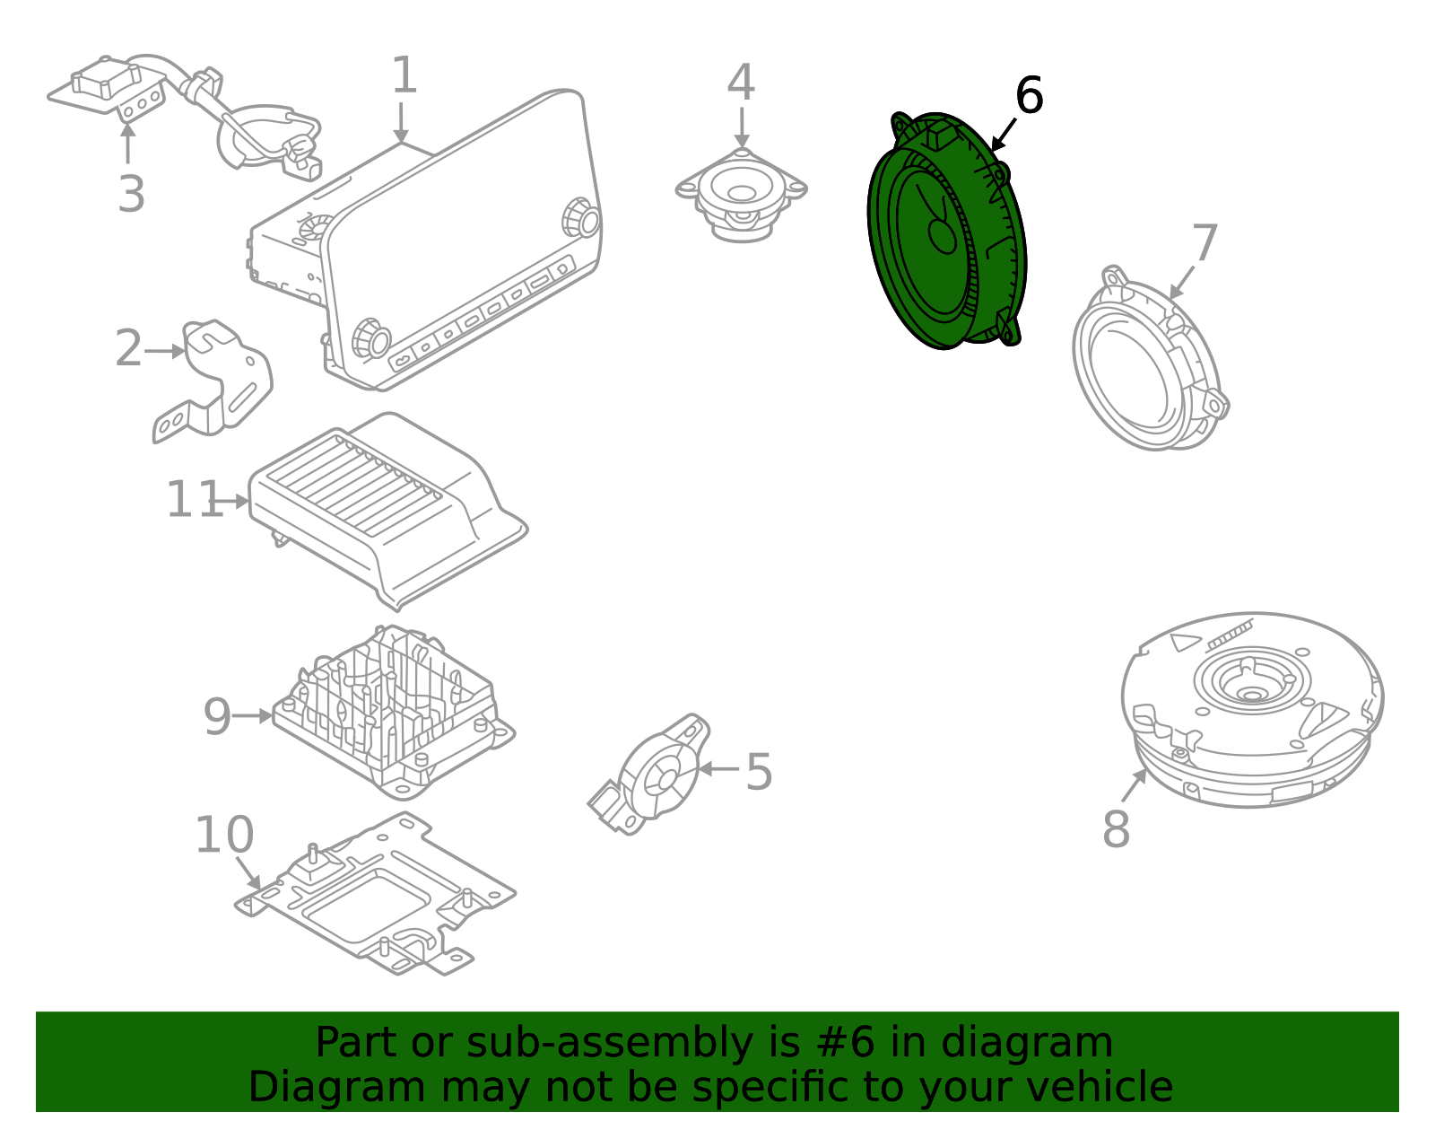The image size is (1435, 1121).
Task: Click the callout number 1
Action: point(404,75)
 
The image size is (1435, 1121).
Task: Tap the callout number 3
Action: point(131,195)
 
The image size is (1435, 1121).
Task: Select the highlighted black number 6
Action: point(1029,96)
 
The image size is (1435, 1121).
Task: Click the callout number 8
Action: point(1116,829)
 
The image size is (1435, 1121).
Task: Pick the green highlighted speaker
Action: point(946,233)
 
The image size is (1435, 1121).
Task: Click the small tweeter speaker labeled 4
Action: point(741,195)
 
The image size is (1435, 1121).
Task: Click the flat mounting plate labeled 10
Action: point(377,898)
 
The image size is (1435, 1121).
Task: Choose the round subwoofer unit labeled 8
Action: point(1251,709)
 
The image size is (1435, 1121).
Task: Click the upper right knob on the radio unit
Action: point(581,219)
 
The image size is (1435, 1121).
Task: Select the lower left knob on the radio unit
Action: point(370,338)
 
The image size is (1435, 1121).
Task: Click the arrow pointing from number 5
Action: point(718,769)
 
